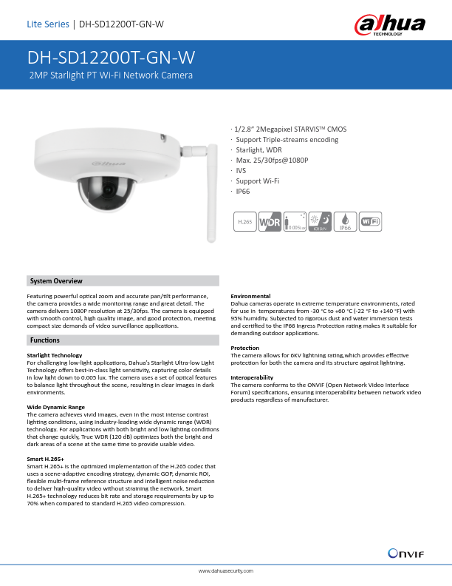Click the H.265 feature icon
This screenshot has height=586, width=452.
pos(243,221)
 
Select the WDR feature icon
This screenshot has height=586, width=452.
pos(269,221)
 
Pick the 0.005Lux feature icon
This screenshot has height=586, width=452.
pos(295,221)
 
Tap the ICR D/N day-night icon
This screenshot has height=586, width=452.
pos(320,221)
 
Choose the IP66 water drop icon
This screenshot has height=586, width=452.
pos(345,221)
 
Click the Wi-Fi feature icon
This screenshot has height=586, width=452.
pos(371,221)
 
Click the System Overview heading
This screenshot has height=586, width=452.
pos(56,281)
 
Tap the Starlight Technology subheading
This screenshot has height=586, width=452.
pos(54,356)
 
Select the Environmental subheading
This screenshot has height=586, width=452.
pos(251,296)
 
